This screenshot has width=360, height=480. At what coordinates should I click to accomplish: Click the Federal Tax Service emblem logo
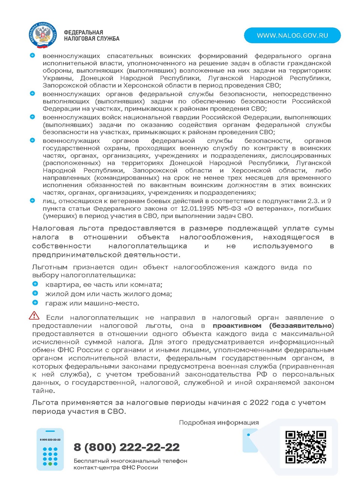coord(42,35)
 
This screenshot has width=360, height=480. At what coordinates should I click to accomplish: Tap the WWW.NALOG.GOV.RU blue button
coord(292,35)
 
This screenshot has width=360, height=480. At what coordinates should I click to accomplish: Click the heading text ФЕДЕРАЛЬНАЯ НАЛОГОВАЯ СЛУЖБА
coord(91,36)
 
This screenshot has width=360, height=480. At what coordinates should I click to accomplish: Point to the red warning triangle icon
coord(34,315)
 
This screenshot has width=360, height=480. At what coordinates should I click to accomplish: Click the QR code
coord(306,447)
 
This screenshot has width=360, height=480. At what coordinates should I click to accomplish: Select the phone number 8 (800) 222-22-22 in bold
coord(127,447)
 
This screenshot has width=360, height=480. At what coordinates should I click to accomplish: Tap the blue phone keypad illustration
coord(50,449)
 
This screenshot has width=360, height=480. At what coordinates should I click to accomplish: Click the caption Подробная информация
coord(219,423)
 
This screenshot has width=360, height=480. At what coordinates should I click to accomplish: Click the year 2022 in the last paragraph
coord(259,402)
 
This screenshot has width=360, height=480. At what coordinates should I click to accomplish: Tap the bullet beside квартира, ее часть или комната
coord(35,284)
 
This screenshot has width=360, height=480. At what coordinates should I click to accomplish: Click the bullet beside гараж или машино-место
coord(35,303)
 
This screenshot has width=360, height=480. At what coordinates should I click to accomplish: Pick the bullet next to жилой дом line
coord(35,293)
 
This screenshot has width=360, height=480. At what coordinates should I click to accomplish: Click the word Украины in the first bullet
coord(57,78)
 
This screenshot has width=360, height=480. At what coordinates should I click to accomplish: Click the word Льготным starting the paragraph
coord(49,267)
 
